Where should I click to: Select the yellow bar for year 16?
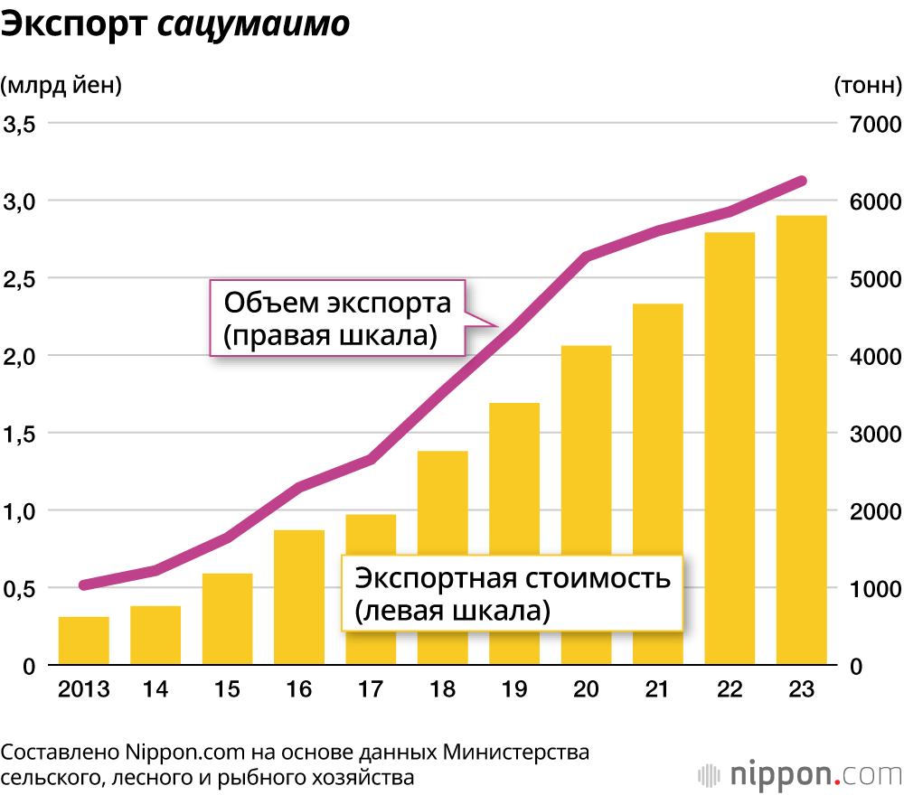[299, 597]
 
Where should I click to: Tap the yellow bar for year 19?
[514, 534]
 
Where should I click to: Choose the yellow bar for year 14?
[155, 636]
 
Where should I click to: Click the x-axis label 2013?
[84, 689]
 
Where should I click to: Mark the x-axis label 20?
[586, 689]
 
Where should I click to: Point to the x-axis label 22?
[730, 689]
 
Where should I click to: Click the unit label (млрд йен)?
[61, 86]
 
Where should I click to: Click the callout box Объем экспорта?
[337, 318]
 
